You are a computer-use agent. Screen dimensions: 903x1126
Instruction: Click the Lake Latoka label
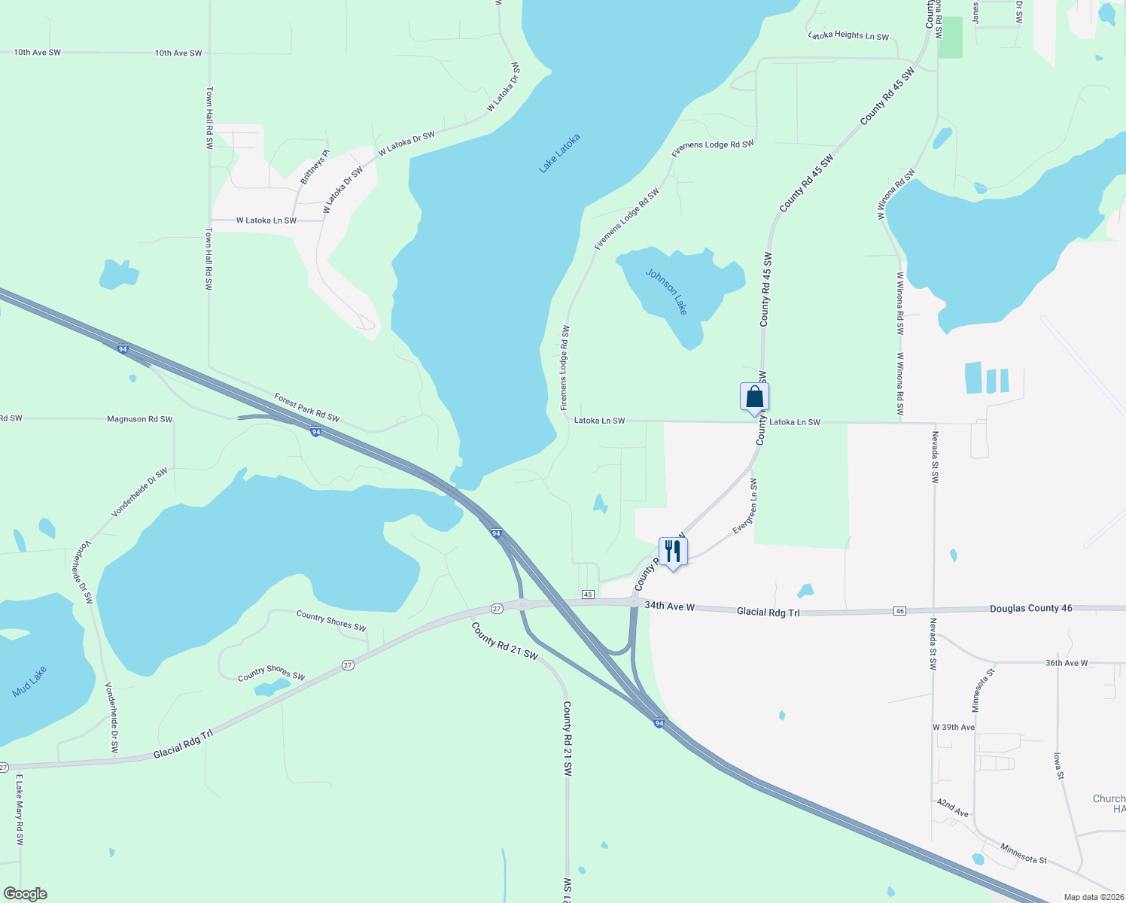[x=559, y=154]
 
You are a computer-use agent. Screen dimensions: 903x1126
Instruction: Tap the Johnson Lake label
[x=667, y=291]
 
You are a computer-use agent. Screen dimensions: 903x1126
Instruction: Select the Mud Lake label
[x=30, y=682]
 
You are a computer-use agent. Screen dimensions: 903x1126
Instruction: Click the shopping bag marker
[x=754, y=397]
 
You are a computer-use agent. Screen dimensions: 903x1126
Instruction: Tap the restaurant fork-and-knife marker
[x=673, y=552]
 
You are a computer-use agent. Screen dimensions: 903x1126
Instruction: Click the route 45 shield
[x=588, y=594]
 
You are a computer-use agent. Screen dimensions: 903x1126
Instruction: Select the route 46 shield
[x=900, y=611]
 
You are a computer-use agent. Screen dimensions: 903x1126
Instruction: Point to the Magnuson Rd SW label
[x=139, y=419]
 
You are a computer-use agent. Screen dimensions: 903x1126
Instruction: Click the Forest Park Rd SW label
[x=306, y=407]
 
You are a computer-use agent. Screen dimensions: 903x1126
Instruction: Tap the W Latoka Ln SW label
[x=266, y=220]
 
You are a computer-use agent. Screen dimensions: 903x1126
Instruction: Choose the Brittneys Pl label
[x=315, y=167]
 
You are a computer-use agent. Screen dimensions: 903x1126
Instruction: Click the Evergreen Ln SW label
[x=745, y=506]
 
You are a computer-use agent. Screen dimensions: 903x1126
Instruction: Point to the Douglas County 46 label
[x=1030, y=608]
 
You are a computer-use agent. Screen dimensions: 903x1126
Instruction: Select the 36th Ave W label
[x=1067, y=663]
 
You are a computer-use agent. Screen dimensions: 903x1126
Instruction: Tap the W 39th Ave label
[x=954, y=727]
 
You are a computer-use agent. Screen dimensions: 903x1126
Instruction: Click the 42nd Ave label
[x=953, y=808]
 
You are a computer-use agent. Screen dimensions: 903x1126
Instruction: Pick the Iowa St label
[x=1058, y=766]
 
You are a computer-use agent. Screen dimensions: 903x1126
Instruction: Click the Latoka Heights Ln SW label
[x=848, y=36]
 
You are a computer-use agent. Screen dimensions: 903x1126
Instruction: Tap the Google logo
[x=25, y=894]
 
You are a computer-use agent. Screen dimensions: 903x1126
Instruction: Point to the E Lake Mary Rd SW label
[x=20, y=810]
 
